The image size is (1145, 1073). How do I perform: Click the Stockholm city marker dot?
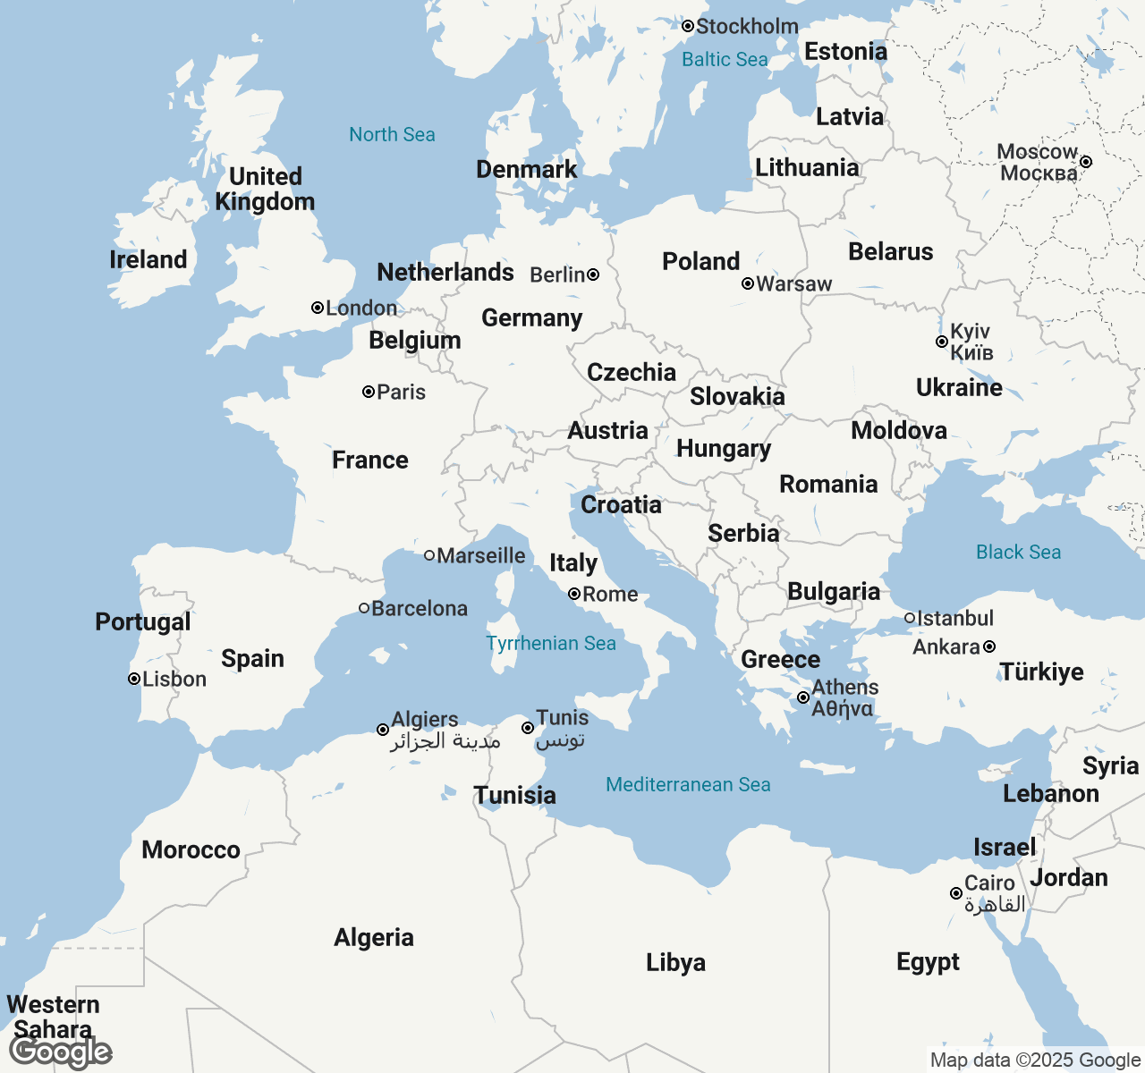tap(688, 27)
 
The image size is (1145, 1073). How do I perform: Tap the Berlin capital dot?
tap(593, 275)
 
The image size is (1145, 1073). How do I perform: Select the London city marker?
tap(318, 308)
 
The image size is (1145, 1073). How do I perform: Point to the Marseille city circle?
tap(429, 555)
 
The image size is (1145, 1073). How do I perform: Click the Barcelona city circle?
tap(364, 608)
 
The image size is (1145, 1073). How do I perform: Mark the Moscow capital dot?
tap(1086, 162)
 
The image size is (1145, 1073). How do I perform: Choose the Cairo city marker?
tap(956, 893)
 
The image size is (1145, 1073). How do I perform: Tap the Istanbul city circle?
tap(910, 618)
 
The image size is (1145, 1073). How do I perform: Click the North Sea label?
tap(392, 135)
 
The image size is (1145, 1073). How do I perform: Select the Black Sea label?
tap(1018, 553)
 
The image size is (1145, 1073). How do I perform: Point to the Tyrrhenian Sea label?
tap(551, 644)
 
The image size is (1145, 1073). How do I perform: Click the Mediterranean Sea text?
tap(688, 785)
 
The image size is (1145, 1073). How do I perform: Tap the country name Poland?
tap(701, 262)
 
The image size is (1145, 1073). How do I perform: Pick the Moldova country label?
tap(899, 431)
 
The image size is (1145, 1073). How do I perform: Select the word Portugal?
tap(143, 622)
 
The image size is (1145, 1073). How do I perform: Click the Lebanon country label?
tap(1051, 794)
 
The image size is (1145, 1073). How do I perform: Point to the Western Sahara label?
tap(54, 1017)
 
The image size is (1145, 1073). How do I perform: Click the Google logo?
tap(61, 1052)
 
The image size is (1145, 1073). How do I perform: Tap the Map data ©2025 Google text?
tap(1035, 1060)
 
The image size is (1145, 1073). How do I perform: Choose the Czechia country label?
tap(632, 373)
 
